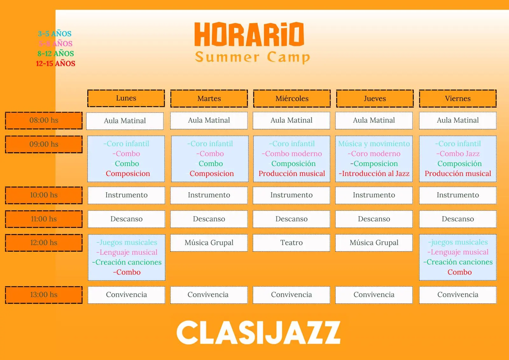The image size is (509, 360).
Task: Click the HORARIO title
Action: [249, 34]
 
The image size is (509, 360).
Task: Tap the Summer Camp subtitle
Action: [253, 57]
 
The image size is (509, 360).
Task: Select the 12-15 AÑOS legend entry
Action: [55, 63]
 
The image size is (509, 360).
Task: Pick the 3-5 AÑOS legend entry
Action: [54, 34]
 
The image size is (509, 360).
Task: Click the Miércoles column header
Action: [292, 98]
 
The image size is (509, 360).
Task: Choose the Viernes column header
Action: [458, 98]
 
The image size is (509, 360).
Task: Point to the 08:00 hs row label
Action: [44, 120]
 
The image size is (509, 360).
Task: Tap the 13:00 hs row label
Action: [44, 295]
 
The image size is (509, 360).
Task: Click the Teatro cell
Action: [291, 243]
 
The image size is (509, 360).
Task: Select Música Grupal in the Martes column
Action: [209, 243]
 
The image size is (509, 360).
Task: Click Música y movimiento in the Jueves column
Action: [374, 144]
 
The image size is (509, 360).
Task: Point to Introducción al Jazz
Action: [374, 173]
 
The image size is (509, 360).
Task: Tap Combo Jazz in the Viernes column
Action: [458, 154]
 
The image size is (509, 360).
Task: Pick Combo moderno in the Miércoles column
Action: [292, 154]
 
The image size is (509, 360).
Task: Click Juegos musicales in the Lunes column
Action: [127, 243]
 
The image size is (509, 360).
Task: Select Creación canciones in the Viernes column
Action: [458, 262]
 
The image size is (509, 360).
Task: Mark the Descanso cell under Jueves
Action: [374, 219]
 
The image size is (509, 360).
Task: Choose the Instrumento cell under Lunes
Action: [126, 195]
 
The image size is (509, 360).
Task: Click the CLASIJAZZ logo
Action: [258, 333]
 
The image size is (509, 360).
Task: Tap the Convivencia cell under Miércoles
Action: [291, 295]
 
